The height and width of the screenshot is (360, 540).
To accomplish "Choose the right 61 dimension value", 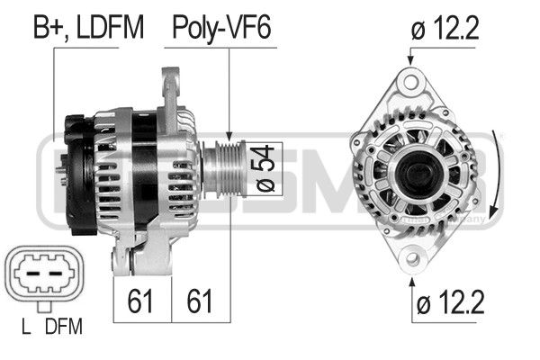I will click(200, 300).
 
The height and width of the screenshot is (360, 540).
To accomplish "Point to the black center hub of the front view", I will click(416, 171).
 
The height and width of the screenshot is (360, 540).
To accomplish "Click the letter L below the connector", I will click(27, 326).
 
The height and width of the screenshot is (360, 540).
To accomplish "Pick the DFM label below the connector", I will click(62, 326).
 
